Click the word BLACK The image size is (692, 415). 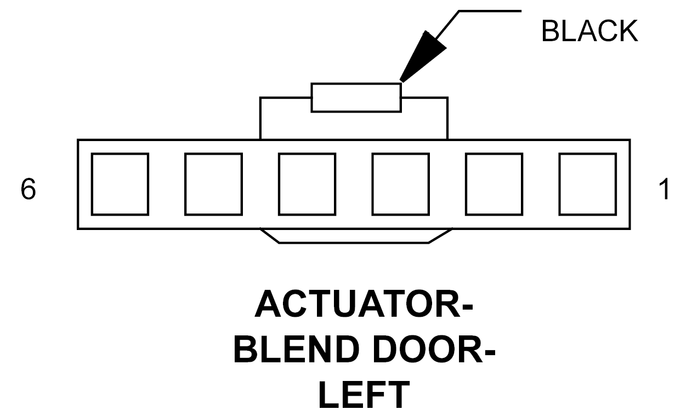pyautogui.click(x=589, y=31)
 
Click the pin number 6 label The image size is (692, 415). pyautogui.click(x=28, y=189)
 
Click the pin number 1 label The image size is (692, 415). pyautogui.click(x=664, y=189)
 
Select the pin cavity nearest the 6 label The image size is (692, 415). pyautogui.click(x=120, y=184)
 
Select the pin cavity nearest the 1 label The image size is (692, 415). pyautogui.click(x=588, y=184)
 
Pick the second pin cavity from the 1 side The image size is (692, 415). pyautogui.click(x=494, y=184)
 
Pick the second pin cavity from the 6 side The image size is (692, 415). pyautogui.click(x=213, y=184)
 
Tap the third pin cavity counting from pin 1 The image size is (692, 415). pyautogui.click(x=401, y=184)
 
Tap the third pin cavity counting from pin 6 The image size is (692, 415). pyautogui.click(x=307, y=184)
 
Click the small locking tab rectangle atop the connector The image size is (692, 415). pyautogui.click(x=356, y=97)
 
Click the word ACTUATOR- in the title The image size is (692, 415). pyautogui.click(x=364, y=304)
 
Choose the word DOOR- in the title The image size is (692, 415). pyautogui.click(x=434, y=350)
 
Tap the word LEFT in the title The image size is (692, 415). pyautogui.click(x=364, y=395)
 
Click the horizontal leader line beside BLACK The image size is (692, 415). pyautogui.click(x=490, y=11)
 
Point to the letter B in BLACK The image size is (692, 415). pyautogui.click(x=551, y=31)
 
